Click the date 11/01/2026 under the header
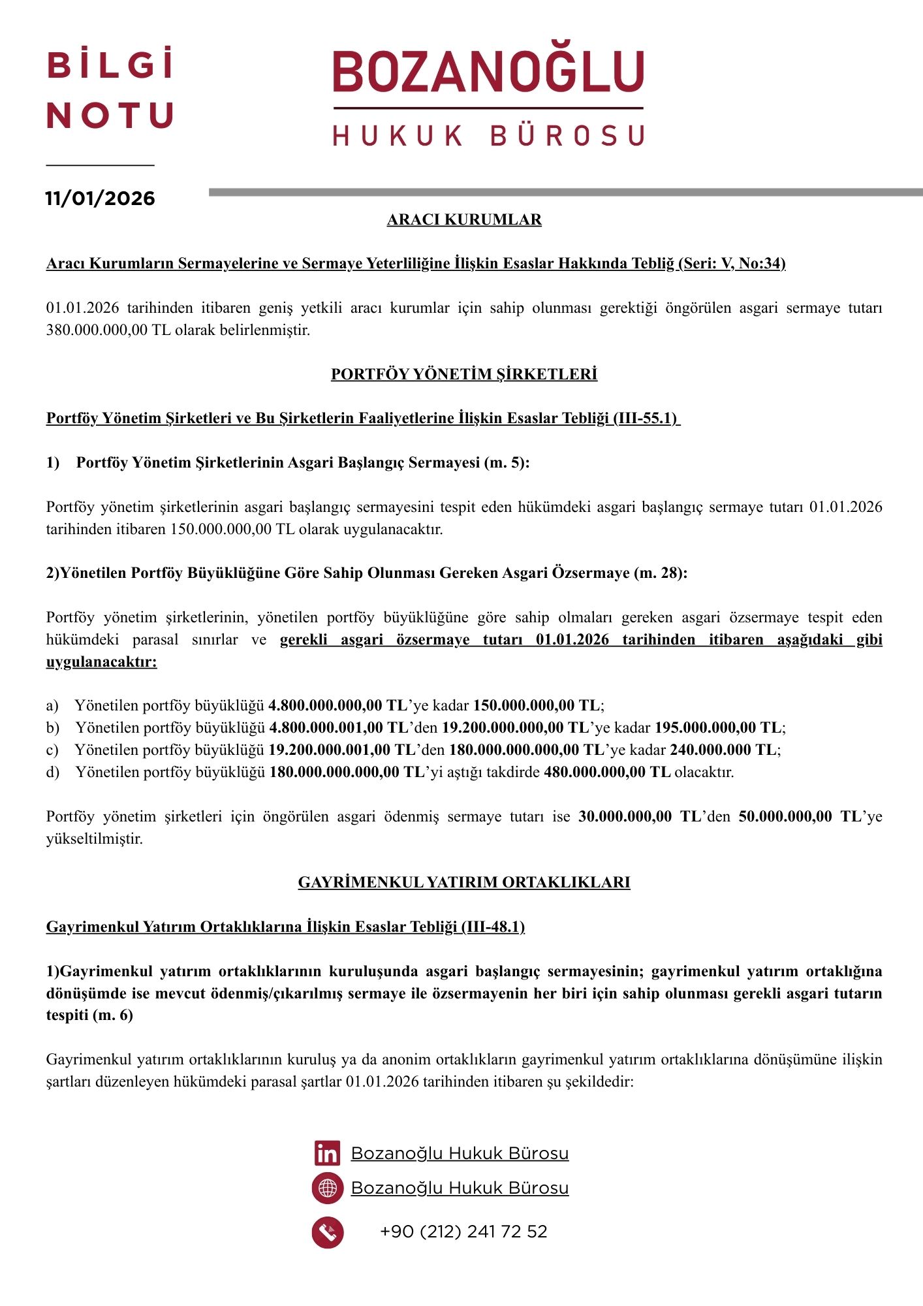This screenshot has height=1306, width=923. pyautogui.click(x=100, y=199)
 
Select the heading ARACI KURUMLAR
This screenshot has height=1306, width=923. pyautogui.click(x=464, y=219)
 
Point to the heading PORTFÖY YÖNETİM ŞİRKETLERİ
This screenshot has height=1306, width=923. pyautogui.click(x=464, y=374)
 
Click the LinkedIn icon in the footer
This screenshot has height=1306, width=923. pyautogui.click(x=327, y=1153)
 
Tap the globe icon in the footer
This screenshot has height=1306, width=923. pyautogui.click(x=327, y=1188)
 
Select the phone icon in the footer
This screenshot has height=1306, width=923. pyautogui.click(x=327, y=1232)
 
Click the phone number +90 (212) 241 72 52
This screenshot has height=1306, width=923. pyautogui.click(x=463, y=1232)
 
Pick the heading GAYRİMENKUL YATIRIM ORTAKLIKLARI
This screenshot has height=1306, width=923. pyautogui.click(x=464, y=882)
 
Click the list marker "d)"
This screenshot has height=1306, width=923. pyautogui.click(x=53, y=772)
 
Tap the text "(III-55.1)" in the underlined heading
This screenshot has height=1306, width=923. pyautogui.click(x=646, y=419)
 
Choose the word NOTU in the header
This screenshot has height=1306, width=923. pyautogui.click(x=110, y=116)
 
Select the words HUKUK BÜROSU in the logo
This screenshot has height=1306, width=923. pyautogui.click(x=488, y=136)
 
